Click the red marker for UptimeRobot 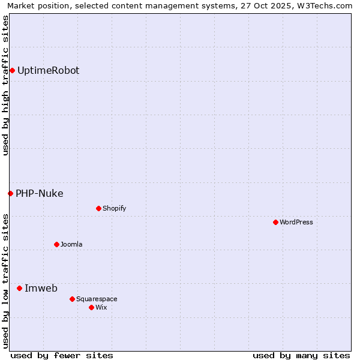12,70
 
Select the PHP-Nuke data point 10,193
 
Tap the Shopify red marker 98,208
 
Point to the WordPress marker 275,222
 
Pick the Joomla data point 56,244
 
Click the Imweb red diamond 19,288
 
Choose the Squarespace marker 72,299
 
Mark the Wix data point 91,307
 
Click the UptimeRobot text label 48,70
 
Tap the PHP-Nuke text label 39,193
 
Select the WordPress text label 296,222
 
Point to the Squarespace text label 97,299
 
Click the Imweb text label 41,288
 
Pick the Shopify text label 114,208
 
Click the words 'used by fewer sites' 62,355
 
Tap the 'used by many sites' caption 301,355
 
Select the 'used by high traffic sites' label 5,85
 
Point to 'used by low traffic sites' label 5,280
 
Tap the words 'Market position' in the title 35,5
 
